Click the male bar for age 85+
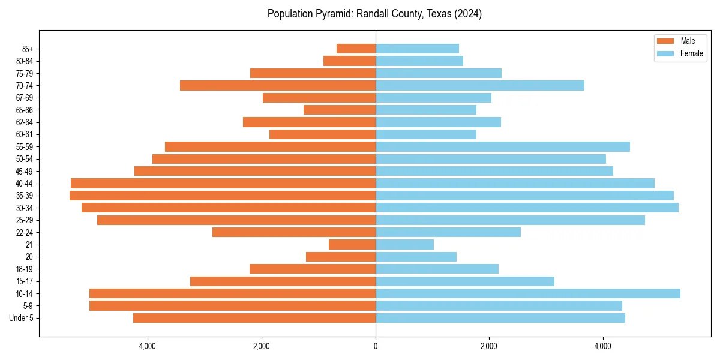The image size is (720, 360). point(356,49)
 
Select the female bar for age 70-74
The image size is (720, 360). point(480,85)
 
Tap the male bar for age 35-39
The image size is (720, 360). point(223,196)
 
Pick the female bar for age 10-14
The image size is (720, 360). point(528,293)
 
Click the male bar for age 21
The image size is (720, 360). point(352,244)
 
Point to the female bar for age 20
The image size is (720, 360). point(416,257)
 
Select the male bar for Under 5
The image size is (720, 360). point(254,318)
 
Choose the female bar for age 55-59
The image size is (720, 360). point(503,146)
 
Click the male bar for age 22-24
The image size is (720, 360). point(294,232)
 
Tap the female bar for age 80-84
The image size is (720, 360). point(419,61)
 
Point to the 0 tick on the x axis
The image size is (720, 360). point(376,346)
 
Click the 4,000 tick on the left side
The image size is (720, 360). point(148,346)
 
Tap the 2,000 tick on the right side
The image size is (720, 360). point(489,346)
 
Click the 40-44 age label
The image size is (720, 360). point(25,184)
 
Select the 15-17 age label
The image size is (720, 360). point(25,281)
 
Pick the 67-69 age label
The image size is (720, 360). point(25,98)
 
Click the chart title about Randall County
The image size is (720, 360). point(374,14)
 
